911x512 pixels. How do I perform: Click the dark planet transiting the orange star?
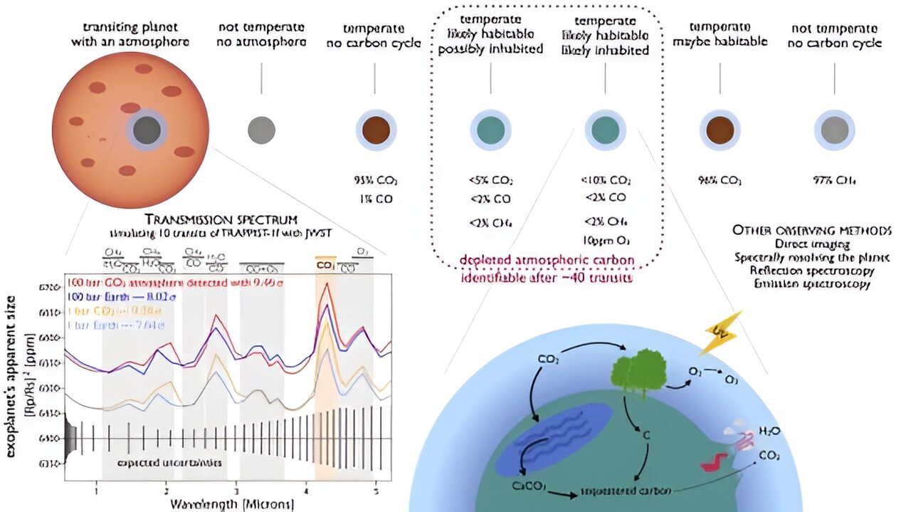click(147, 131)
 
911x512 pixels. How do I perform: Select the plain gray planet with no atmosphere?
click(261, 130)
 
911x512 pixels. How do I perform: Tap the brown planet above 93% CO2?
click(376, 130)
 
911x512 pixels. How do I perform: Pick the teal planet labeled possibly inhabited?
click(491, 130)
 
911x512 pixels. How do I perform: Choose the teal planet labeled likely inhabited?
click(606, 130)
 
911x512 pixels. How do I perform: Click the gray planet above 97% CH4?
click(834, 130)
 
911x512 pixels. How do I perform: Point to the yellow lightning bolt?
click(721, 333)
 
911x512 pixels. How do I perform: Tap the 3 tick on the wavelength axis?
click(236, 491)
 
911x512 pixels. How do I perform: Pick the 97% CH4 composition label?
click(834, 181)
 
